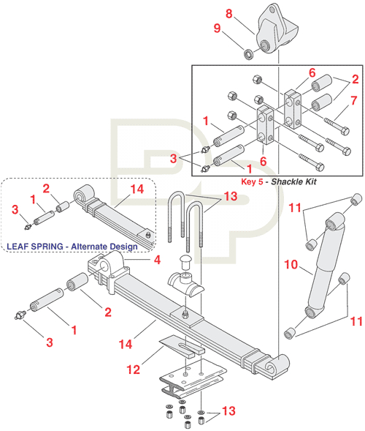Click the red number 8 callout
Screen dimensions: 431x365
coord(228,13)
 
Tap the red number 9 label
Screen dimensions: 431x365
coord(216,29)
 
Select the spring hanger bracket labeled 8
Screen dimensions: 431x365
coord(277,29)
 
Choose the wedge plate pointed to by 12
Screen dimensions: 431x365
coord(180,345)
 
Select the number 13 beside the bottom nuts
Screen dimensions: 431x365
coord(228,411)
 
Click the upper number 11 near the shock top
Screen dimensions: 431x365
coord(294,209)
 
